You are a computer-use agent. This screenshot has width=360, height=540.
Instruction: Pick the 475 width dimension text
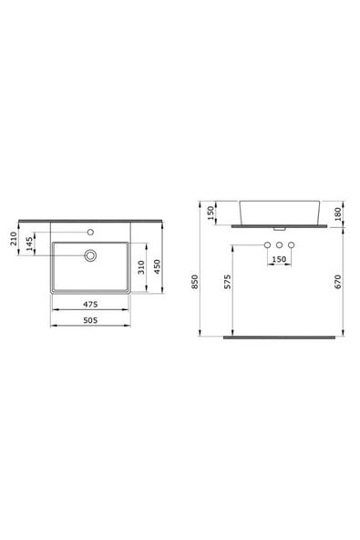(90, 305)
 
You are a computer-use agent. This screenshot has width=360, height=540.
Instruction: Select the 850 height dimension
(193, 284)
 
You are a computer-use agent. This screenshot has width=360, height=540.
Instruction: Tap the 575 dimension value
(228, 284)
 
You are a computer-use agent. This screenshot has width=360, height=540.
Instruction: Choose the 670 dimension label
(338, 284)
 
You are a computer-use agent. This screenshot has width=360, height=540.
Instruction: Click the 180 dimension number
(338, 213)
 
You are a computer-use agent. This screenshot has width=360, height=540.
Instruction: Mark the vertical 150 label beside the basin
(211, 213)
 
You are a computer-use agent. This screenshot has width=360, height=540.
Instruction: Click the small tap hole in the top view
(91, 227)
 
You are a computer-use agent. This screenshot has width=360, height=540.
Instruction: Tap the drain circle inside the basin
(91, 255)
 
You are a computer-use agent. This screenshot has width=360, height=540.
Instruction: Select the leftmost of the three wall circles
(265, 246)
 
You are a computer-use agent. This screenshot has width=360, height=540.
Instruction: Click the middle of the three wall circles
(278, 246)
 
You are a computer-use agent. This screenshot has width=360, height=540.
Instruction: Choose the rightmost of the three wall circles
(292, 246)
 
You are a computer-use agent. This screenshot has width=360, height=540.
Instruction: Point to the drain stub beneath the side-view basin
(279, 228)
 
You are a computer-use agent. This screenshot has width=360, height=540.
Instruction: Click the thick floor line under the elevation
(278, 337)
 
